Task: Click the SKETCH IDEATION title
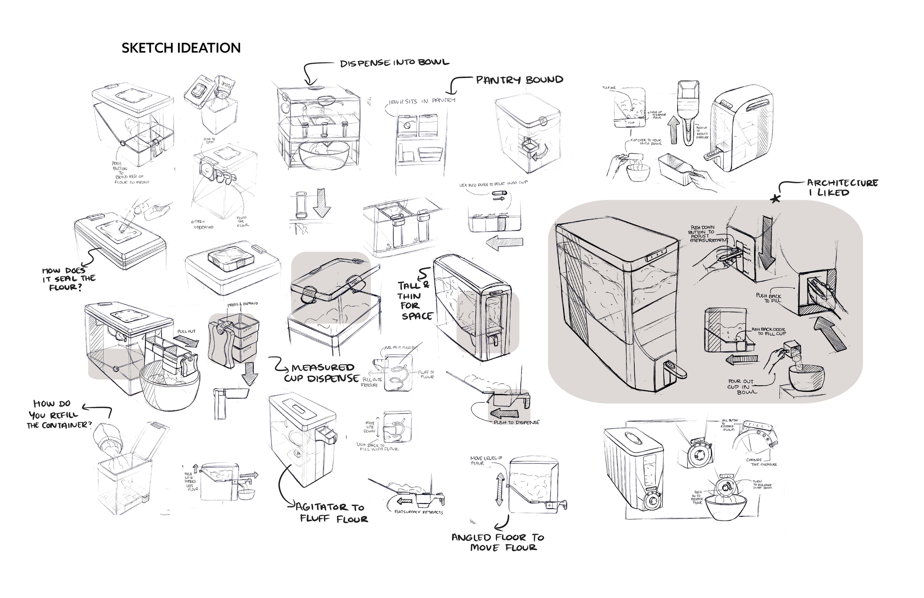coord(181,48)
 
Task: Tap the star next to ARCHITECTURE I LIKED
coord(775,199)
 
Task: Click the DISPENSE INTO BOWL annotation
coord(394,63)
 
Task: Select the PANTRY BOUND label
coord(519,80)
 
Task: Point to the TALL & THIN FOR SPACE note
coord(414,301)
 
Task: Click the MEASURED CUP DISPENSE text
coord(322,373)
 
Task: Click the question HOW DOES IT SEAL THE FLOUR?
coord(69,279)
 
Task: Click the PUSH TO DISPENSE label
coord(516,422)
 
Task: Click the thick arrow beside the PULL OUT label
coord(186,342)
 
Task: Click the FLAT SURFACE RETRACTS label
coord(418,512)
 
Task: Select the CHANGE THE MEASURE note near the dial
coord(761,462)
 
